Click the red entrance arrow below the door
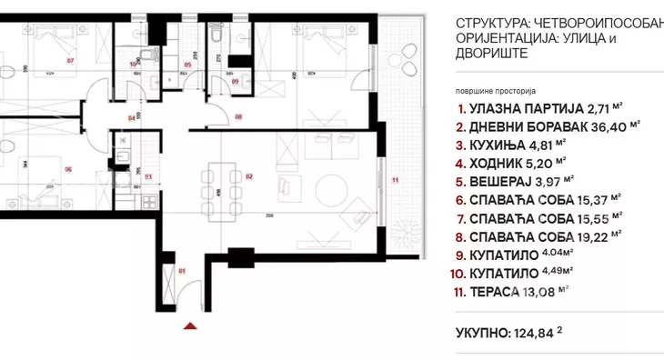point(189,325)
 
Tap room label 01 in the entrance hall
point(181,270)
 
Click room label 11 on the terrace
point(395,181)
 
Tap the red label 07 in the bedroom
point(70,61)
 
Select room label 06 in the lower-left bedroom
point(67,168)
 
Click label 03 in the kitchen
point(147,176)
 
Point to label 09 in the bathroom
point(234,82)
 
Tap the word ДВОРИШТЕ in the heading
point(491,54)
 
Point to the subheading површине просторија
point(498,92)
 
